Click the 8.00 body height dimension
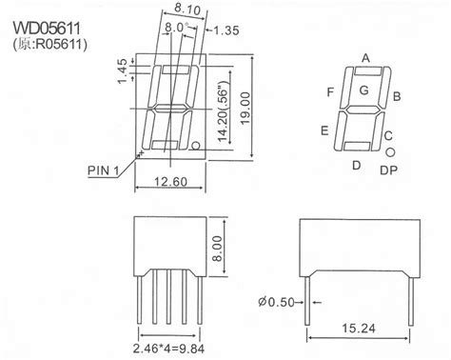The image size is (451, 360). tap(244, 245)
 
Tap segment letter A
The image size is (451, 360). tap(364, 57)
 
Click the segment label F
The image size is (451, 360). tap(330, 92)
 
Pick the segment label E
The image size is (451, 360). tap(325, 130)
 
